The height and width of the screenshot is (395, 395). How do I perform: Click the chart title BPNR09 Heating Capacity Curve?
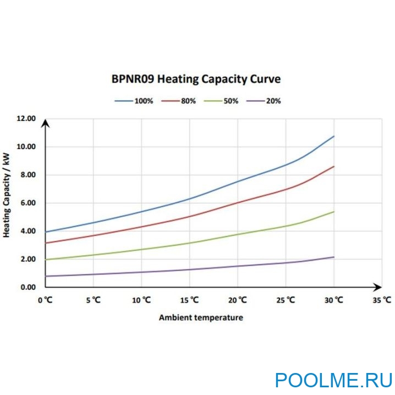(196, 79)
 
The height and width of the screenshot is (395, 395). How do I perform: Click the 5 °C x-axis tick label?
(92, 301)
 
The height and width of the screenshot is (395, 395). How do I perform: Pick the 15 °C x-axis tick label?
(189, 301)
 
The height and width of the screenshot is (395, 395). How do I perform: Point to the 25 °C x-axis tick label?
(285, 301)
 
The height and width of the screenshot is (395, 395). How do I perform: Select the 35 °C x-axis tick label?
(382, 301)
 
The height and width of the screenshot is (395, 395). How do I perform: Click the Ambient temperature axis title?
(201, 317)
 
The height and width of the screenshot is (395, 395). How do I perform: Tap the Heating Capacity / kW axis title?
(7, 195)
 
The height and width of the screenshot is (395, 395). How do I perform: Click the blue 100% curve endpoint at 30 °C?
(334, 136)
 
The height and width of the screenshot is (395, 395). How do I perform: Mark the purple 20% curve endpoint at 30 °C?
(334, 257)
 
